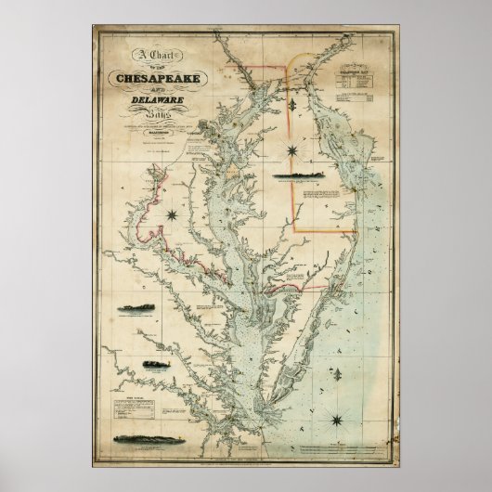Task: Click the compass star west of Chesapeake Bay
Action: click(x=173, y=215)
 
